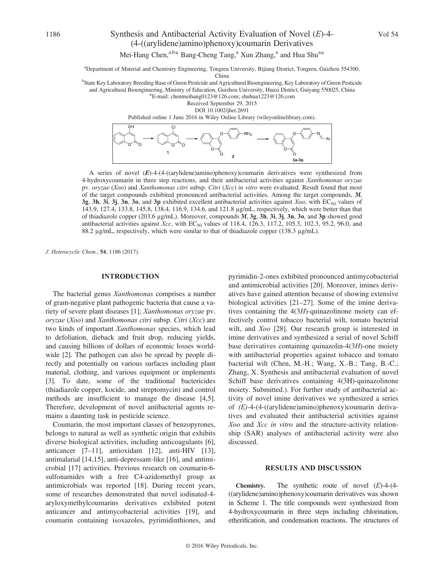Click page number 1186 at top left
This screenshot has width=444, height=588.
[53, 34]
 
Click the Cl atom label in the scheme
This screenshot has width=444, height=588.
[173, 127]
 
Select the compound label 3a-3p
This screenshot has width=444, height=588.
[299, 160]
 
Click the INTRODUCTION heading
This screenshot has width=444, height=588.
[130, 277]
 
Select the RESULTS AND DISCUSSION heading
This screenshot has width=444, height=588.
[313, 468]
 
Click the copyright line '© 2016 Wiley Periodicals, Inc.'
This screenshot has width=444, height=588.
[222, 546]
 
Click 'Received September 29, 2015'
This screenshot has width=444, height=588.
[222, 103]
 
